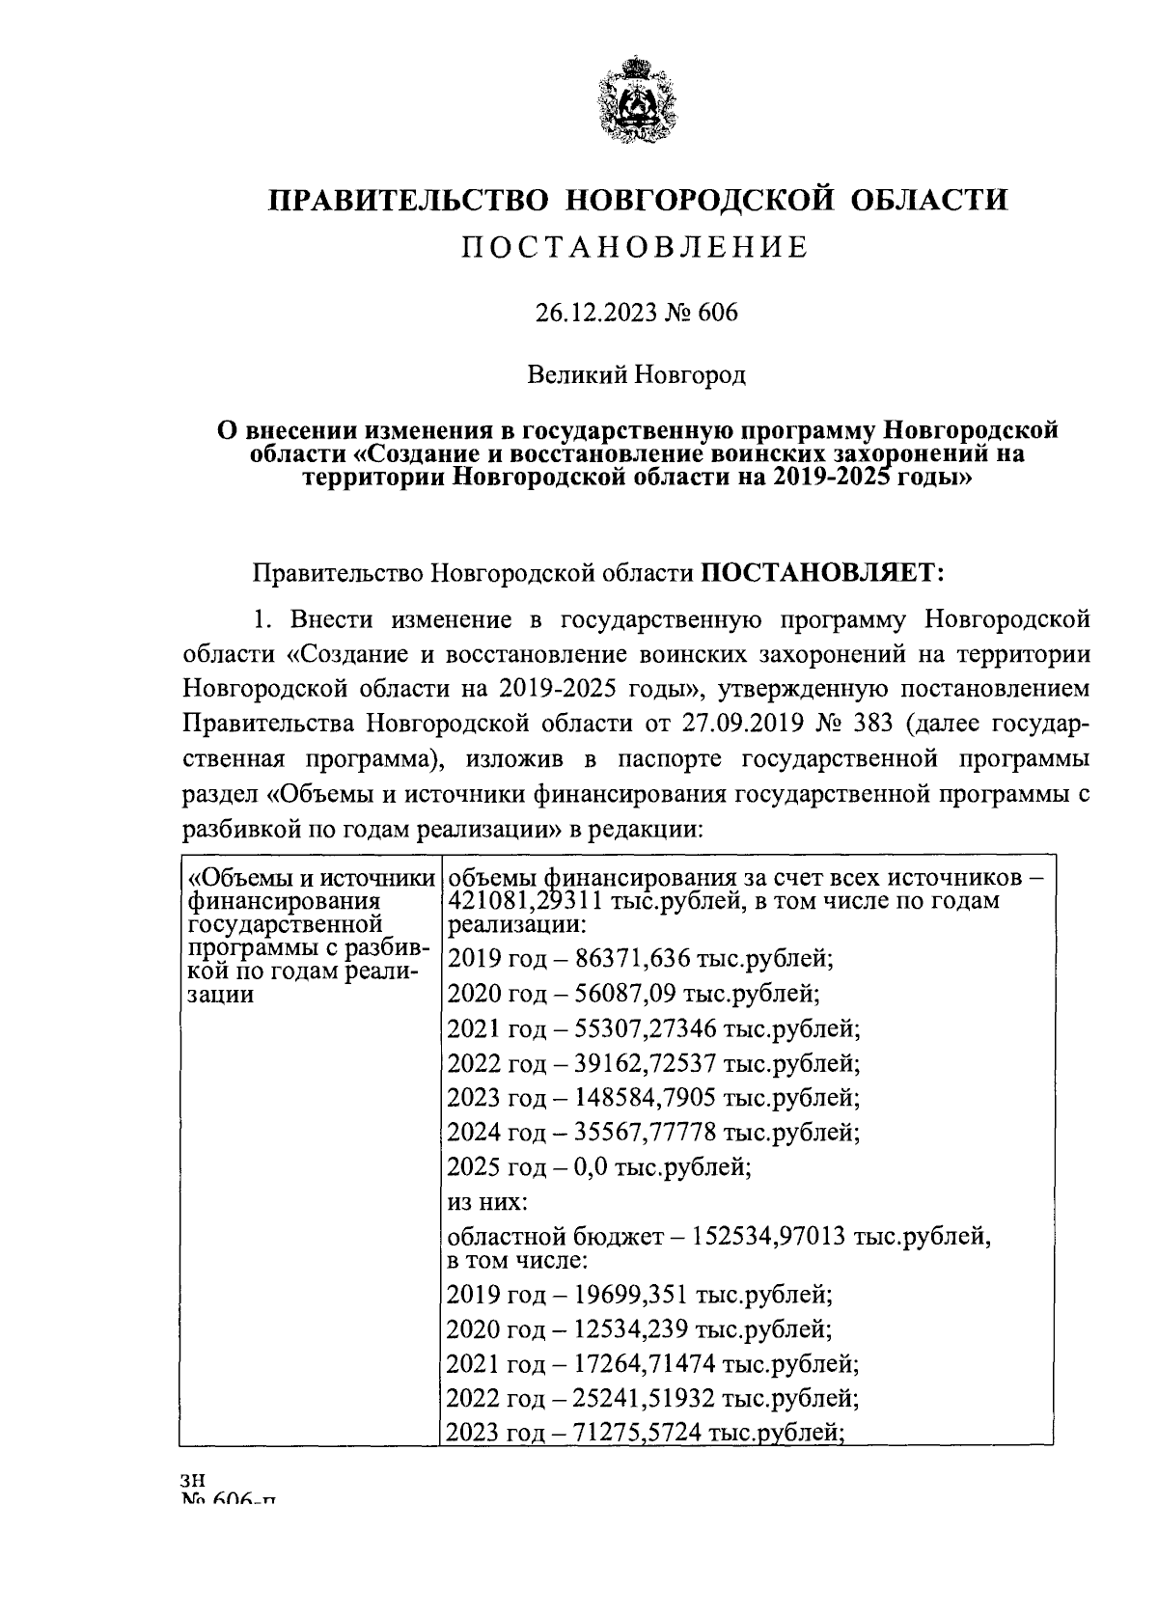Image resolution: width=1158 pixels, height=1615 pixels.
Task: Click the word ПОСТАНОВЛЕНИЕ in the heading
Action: coord(636,248)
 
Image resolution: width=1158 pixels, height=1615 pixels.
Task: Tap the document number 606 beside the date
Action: coord(716,313)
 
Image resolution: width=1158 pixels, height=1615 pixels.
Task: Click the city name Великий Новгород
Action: coord(636,372)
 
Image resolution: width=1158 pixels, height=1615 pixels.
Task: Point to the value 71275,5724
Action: coord(640,1433)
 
